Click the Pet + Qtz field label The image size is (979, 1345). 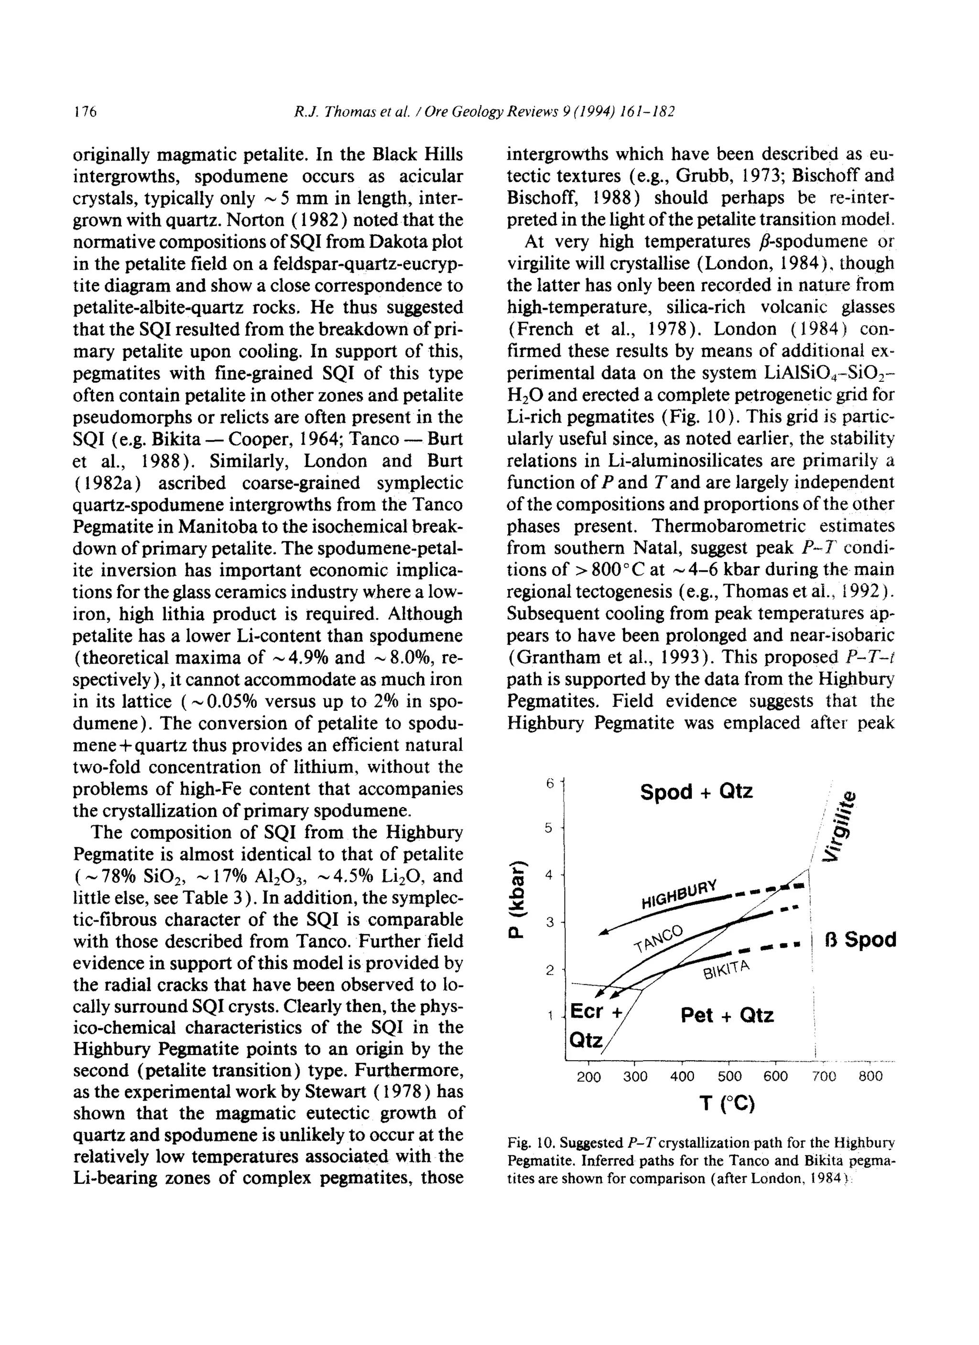coord(727,1015)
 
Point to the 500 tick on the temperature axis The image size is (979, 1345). coord(729,1076)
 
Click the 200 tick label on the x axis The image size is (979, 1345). coord(589,1077)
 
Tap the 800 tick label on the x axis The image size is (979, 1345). coord(870,1076)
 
